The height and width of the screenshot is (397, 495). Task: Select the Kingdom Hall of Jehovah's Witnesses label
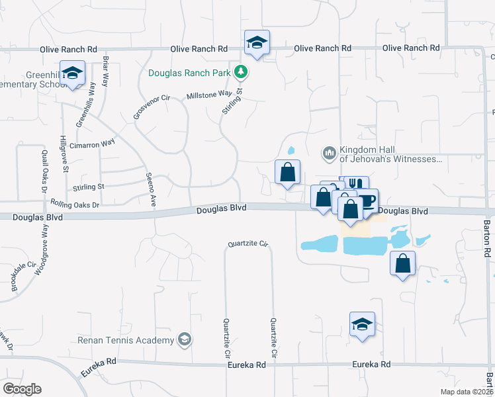[x=389, y=154]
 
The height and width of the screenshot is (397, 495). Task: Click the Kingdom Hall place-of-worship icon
[x=329, y=154]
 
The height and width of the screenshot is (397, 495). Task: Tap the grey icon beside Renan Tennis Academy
[x=185, y=340]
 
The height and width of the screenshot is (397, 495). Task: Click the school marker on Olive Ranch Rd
[x=257, y=44]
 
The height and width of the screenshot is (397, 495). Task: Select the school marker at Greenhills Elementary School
[x=72, y=73]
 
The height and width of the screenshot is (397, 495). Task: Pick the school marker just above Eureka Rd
[x=362, y=325]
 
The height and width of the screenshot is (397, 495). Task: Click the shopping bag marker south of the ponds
[x=402, y=264]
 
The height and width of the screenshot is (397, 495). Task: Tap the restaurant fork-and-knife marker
[x=356, y=185]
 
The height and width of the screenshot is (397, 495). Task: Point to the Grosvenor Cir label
[x=152, y=107]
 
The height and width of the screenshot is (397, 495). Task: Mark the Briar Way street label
[x=105, y=72]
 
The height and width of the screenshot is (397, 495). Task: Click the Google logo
[x=22, y=388]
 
